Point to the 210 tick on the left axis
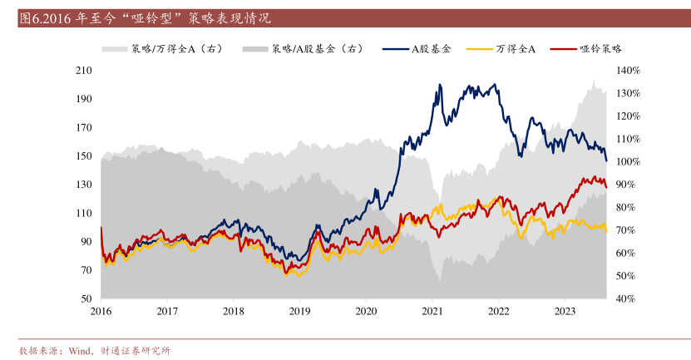(83, 71)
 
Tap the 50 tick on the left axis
(86, 298)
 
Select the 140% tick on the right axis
(628, 71)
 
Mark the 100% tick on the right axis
(628, 161)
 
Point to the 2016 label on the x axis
(101, 311)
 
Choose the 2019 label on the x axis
(299, 311)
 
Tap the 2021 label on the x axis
(432, 311)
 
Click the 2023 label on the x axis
(565, 311)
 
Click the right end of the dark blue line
(606, 160)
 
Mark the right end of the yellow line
(606, 231)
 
